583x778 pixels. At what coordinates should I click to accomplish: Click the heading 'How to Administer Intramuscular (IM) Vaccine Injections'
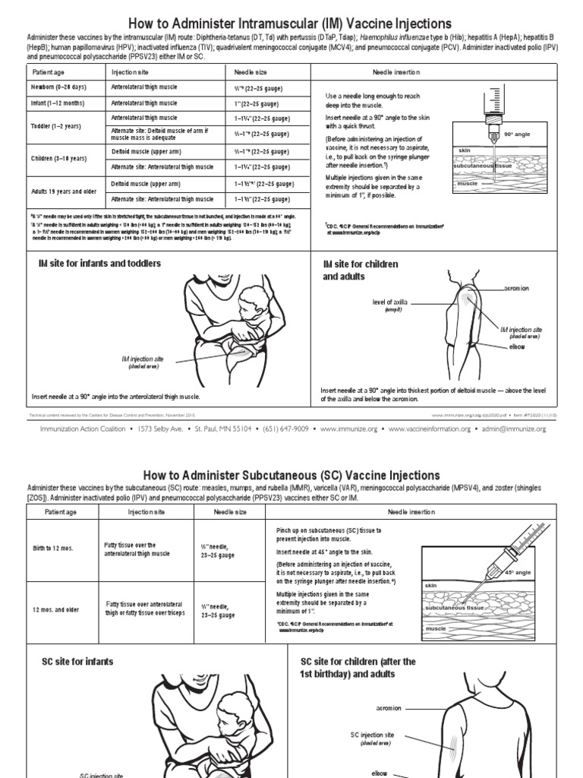coord(291,24)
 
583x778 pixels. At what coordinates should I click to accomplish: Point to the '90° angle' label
coord(518,134)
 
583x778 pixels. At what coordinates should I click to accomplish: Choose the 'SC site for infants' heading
coord(77,662)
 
